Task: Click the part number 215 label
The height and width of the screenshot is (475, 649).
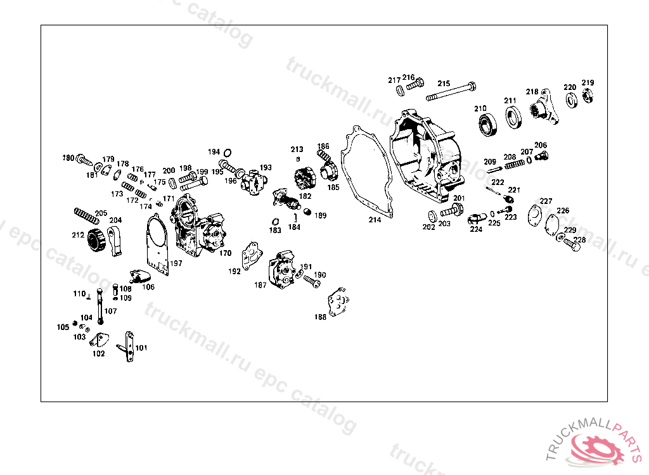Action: point(443,84)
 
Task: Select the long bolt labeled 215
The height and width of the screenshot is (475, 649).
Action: point(451,94)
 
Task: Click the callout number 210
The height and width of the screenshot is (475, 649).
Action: point(480,108)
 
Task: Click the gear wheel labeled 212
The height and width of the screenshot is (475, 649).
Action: point(95,241)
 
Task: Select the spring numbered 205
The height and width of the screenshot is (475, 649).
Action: point(87,217)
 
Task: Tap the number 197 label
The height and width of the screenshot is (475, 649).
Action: point(176,263)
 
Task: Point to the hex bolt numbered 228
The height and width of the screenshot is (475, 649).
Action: point(572,243)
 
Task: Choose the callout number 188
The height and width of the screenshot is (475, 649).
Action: point(321,317)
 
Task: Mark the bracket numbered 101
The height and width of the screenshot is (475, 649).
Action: point(129,347)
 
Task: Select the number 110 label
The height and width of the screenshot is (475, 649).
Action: point(79,294)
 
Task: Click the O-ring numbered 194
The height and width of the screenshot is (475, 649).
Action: point(228,152)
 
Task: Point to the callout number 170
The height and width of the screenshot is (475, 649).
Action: point(226,253)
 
